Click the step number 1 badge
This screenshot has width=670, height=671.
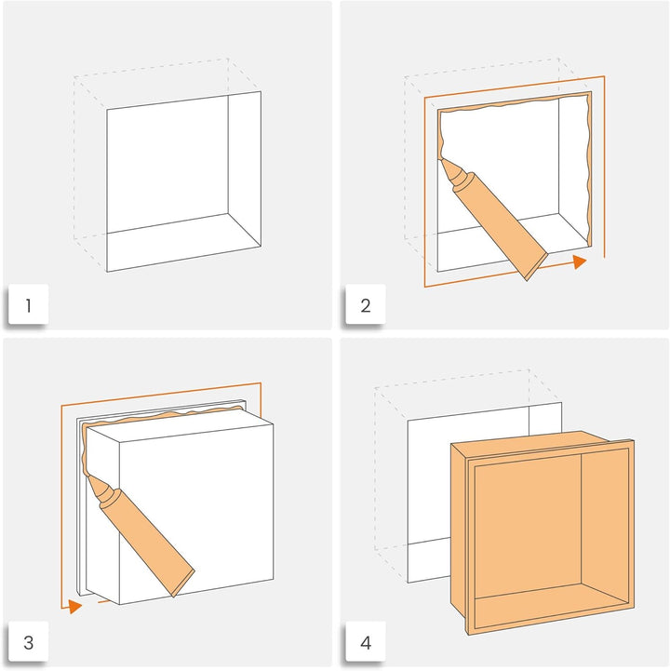tap(28, 304)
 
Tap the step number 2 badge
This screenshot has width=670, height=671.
tap(366, 304)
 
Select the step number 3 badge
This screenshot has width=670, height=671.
tap(28, 641)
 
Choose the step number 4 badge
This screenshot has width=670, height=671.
tap(366, 641)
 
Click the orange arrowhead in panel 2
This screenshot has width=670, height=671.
tap(580, 262)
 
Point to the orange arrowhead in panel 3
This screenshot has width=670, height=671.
tap(74, 606)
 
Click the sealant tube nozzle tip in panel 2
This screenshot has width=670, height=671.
tap(440, 160)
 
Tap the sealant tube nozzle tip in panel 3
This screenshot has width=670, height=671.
tap(88, 476)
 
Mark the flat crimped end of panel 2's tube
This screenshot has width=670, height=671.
tap(537, 266)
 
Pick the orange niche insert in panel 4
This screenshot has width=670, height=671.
tap(543, 531)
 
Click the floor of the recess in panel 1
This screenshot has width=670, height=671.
tap(184, 242)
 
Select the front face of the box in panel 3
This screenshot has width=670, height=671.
tap(196, 515)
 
